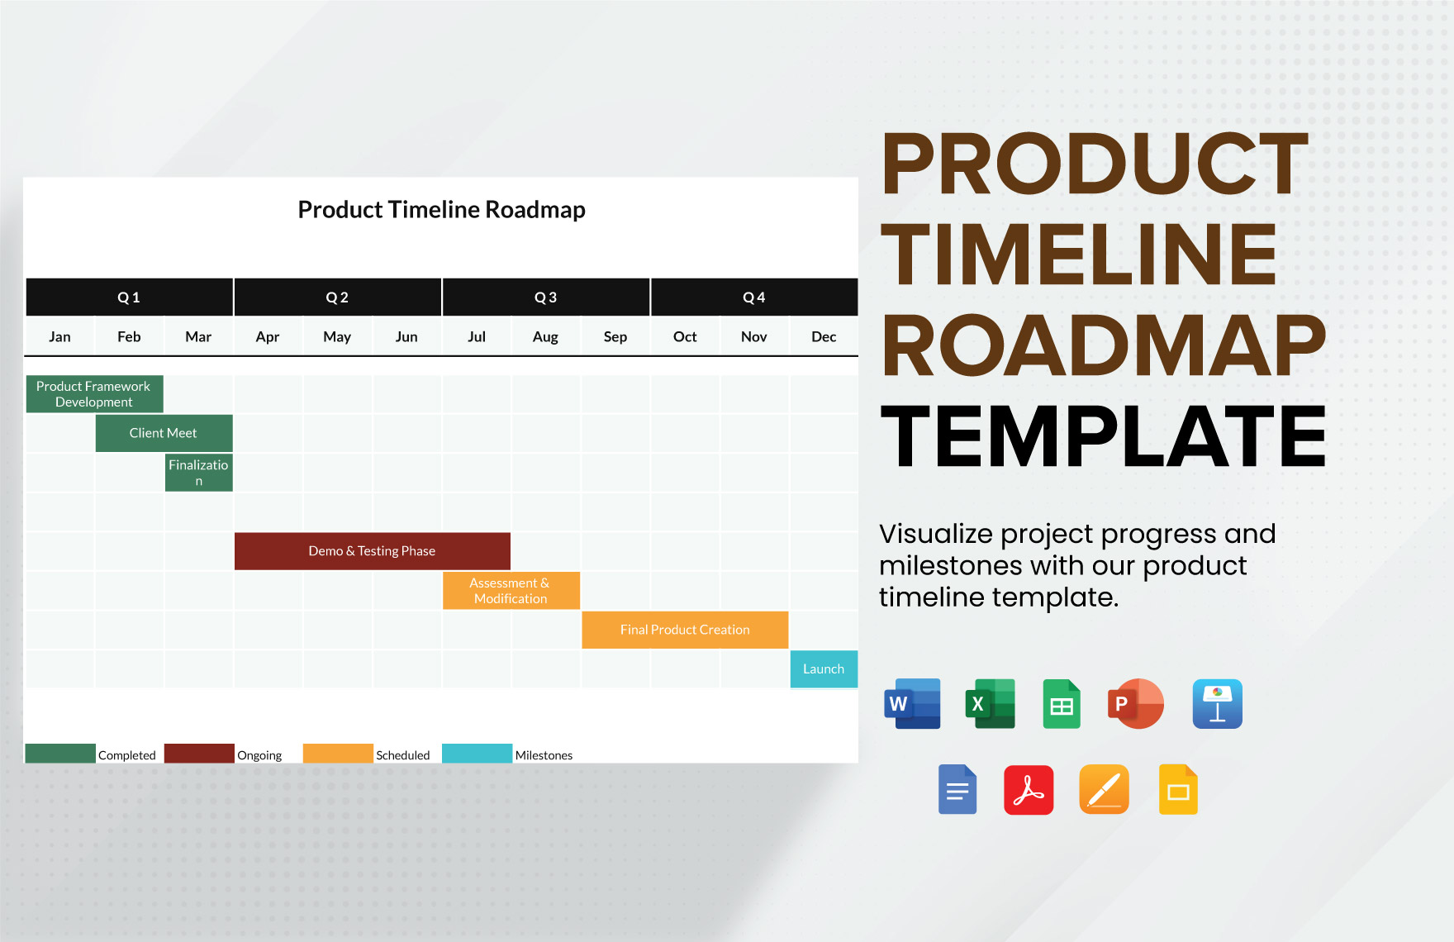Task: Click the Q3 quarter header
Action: (x=545, y=297)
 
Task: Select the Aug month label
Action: (x=545, y=337)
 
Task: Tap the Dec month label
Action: (x=824, y=337)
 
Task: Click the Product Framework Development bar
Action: (x=94, y=394)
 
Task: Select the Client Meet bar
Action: (x=164, y=433)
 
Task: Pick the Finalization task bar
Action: (x=198, y=473)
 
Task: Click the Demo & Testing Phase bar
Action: (x=372, y=551)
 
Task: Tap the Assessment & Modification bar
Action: (x=511, y=591)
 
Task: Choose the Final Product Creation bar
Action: (x=685, y=630)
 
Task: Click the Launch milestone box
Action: (x=824, y=669)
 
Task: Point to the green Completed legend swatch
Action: (x=60, y=754)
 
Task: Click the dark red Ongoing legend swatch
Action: (x=199, y=754)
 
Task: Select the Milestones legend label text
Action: (x=544, y=755)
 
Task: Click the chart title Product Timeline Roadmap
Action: (x=441, y=210)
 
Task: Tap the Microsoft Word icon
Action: (x=912, y=704)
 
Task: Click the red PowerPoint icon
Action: (x=1135, y=704)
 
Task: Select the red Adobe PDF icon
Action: (x=1029, y=790)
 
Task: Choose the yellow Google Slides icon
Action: (x=1178, y=790)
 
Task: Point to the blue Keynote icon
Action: (x=1217, y=704)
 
